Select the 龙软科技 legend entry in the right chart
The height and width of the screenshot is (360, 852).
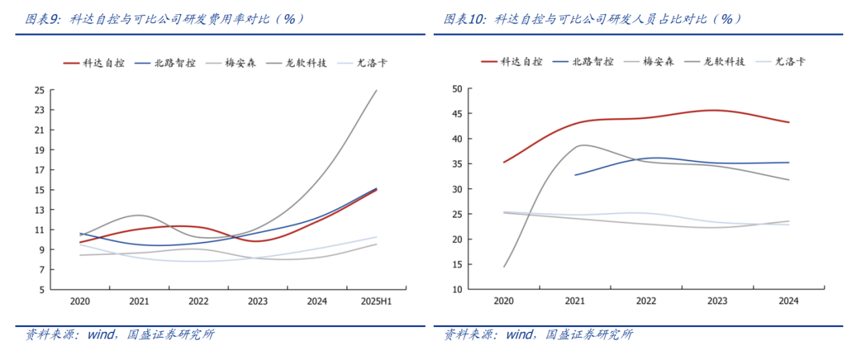(x=724, y=62)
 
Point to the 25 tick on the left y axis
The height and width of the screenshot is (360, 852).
(x=40, y=90)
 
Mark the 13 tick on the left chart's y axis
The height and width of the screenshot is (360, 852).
(x=40, y=210)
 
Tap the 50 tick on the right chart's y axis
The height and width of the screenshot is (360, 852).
(x=457, y=89)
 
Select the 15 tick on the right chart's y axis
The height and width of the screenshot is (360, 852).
(x=457, y=265)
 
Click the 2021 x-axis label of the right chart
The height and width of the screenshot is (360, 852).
(x=575, y=302)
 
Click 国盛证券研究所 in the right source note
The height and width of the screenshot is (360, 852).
(x=589, y=334)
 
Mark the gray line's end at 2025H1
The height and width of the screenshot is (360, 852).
(x=377, y=90)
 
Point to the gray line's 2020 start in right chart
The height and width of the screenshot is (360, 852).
(x=504, y=267)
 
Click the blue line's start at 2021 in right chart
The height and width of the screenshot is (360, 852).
(x=575, y=175)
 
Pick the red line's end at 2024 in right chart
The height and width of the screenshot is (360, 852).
(x=789, y=122)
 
